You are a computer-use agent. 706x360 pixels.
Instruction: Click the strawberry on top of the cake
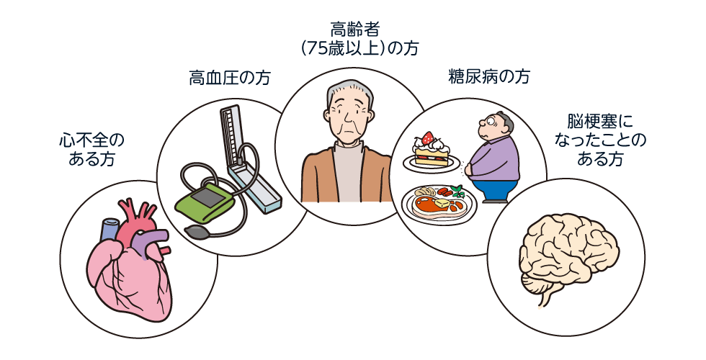[x=428, y=138]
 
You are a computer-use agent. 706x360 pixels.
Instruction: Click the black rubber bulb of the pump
[x=196, y=231]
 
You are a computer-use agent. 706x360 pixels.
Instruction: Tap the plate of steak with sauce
[x=437, y=202]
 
